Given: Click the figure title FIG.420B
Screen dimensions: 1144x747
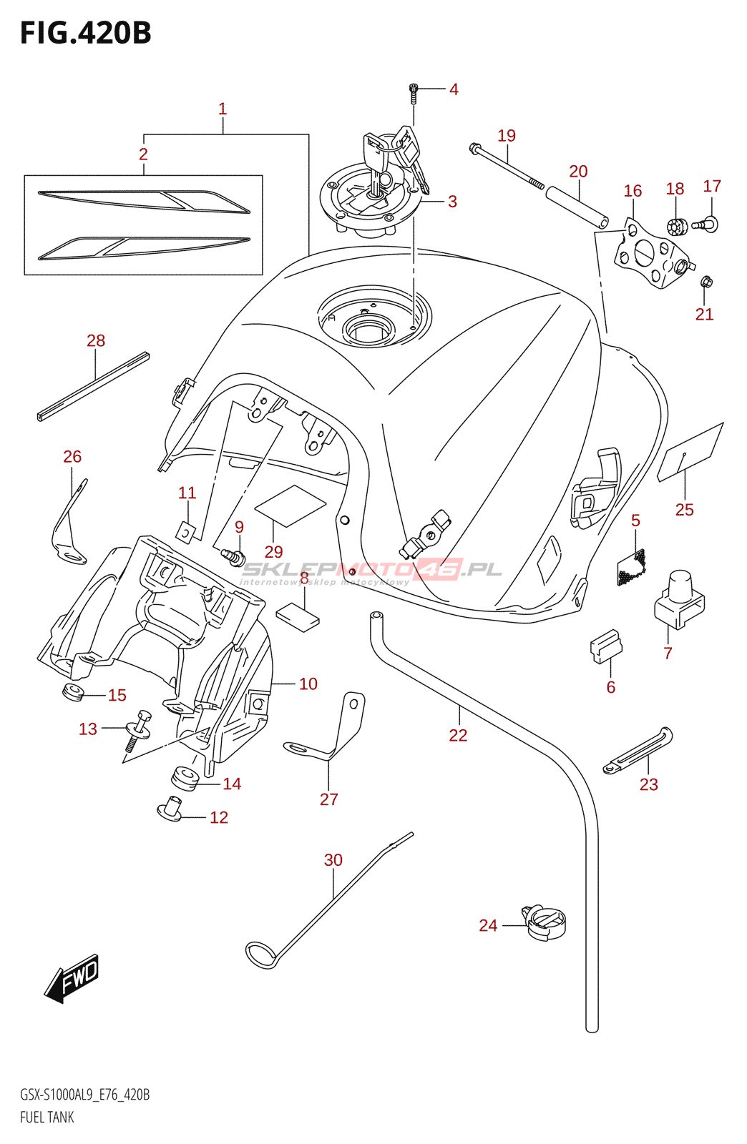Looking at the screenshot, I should tap(86, 34).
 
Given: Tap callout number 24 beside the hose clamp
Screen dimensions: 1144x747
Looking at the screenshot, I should tap(488, 925).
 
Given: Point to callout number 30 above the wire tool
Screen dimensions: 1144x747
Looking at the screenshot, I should tap(333, 859).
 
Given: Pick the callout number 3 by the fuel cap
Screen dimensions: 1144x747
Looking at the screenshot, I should tap(452, 202).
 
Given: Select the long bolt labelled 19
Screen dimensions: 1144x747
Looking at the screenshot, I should tap(506, 165).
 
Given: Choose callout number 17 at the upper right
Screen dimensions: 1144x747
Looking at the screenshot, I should tap(712, 186).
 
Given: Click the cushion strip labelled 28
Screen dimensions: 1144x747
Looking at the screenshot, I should tap(93, 385).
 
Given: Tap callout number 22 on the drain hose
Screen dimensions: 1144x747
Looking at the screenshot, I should tap(458, 735).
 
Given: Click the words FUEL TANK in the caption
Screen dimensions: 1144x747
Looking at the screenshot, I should tap(47, 1117).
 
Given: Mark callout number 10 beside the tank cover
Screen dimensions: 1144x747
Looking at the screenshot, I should tap(308, 684).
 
